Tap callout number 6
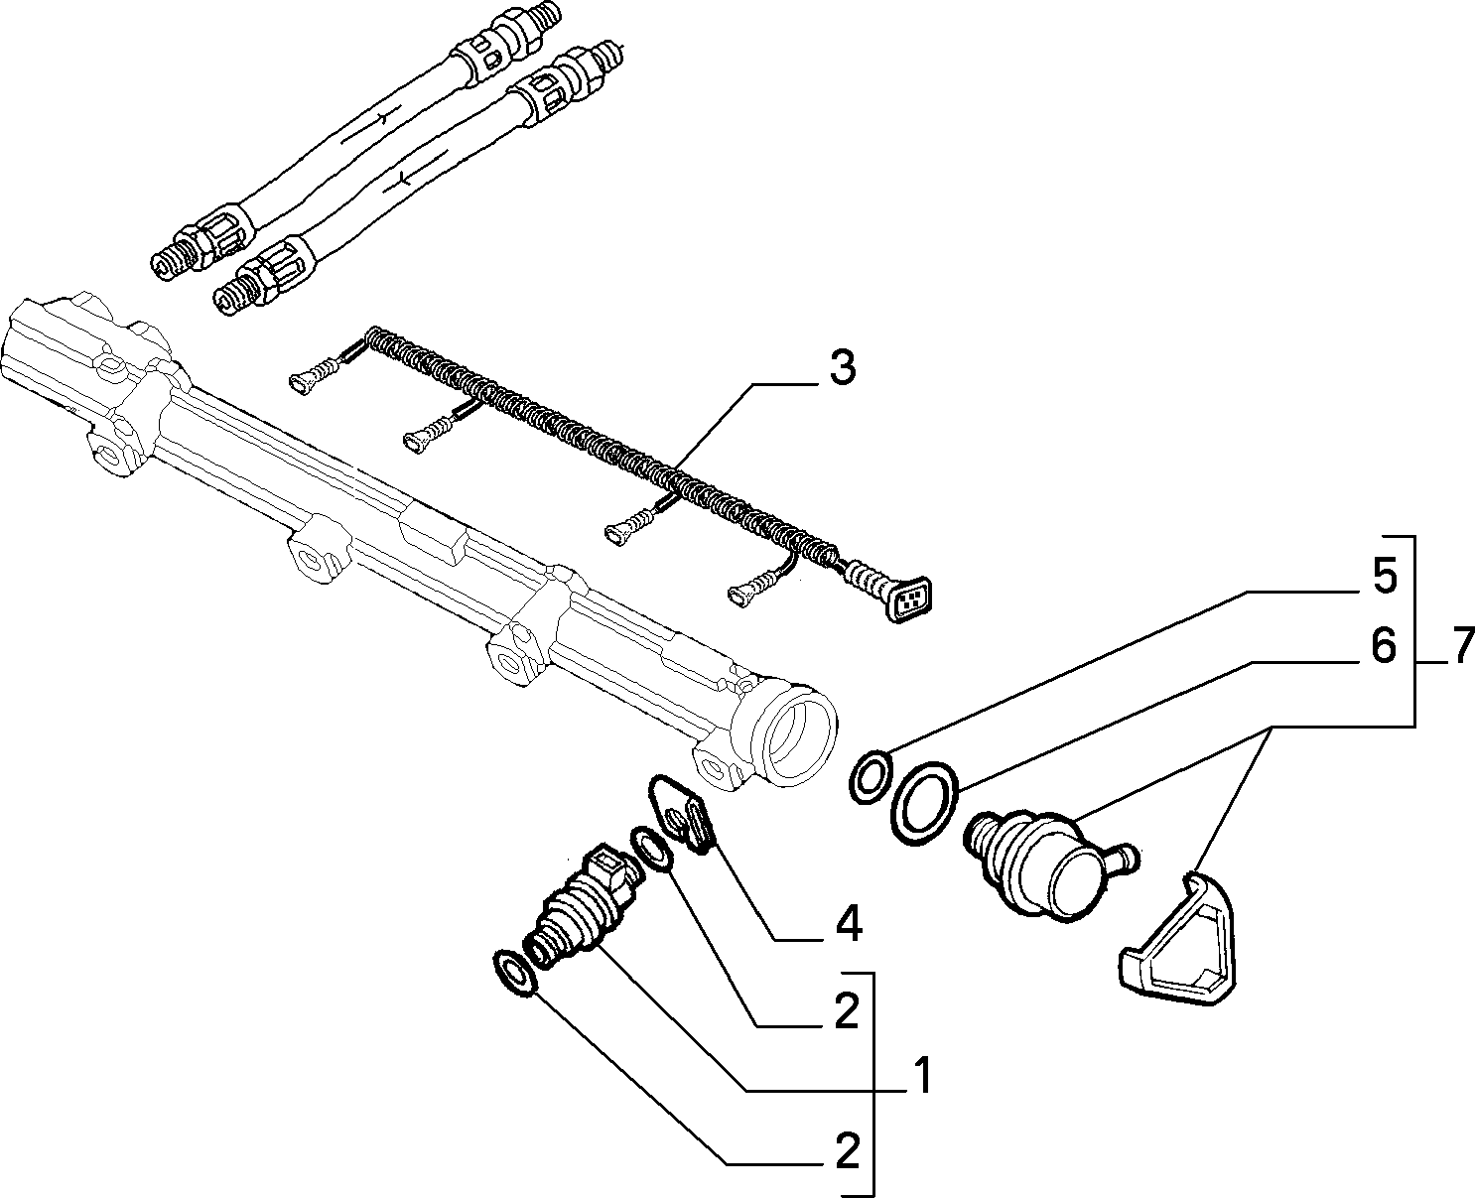click(1384, 647)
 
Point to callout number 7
click(1461, 646)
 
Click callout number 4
click(847, 923)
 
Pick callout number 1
click(921, 1076)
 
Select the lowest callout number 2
click(847, 1150)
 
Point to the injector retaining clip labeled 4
click(682, 814)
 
